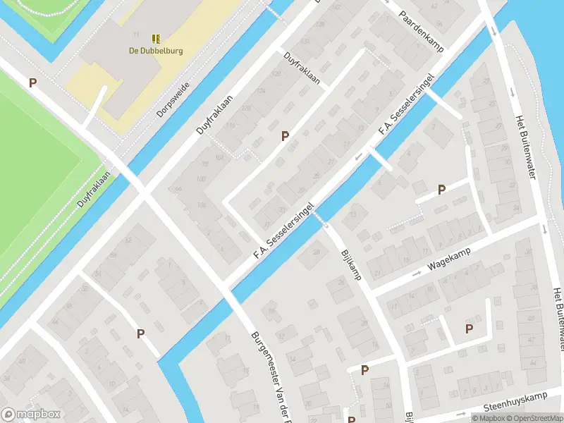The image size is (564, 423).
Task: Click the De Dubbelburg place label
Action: pos(155,50)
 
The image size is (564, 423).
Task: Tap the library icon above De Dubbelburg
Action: pos(155,38)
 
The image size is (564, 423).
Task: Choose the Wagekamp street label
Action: pos(449,262)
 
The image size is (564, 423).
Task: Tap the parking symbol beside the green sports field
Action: pos(32,82)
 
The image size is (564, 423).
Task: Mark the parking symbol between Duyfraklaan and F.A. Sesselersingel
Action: pos(285,136)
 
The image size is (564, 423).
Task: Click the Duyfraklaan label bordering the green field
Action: pos(94,188)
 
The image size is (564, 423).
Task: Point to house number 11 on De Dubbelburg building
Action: pos(135,34)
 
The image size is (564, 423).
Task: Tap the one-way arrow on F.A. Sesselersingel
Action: pos(357,157)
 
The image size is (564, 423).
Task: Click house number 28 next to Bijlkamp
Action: pos(316,252)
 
